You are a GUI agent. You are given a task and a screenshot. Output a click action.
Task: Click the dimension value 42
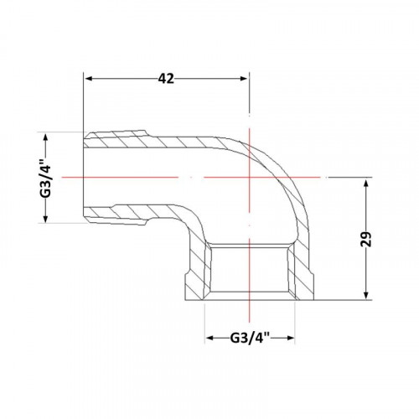pos(166,79)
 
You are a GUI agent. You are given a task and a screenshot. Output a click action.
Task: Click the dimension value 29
pos(366,239)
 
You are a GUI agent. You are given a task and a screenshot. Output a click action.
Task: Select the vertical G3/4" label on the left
pos(46,177)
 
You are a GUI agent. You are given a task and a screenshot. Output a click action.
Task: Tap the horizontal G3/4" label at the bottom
pos(250,338)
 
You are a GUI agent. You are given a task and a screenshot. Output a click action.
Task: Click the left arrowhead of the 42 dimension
pos(89,79)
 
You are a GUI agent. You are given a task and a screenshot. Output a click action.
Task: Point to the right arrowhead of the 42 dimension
pos(244,79)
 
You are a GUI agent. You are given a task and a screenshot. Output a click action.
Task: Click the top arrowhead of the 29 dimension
pos(366,184)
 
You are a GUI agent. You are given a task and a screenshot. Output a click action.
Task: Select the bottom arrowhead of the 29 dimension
pos(366,295)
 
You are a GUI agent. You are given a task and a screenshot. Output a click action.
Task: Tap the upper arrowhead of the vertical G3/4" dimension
pos(46,137)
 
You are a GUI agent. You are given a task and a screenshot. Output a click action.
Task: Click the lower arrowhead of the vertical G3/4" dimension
pos(46,218)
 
